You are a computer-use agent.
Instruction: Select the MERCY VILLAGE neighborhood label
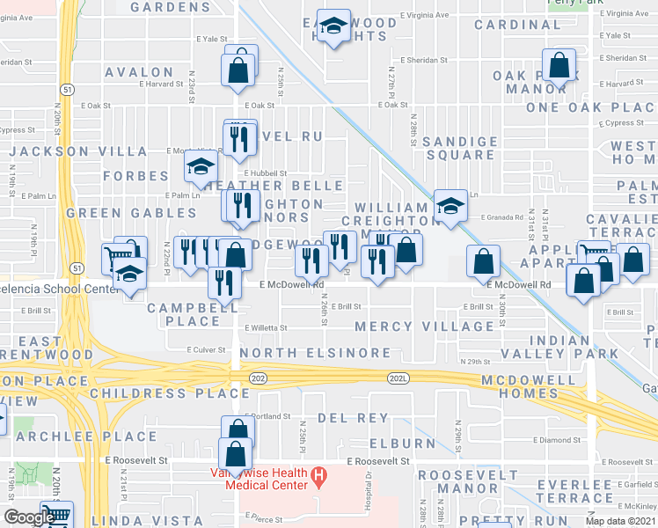tap(424, 326)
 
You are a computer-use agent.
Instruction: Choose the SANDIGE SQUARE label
tap(458, 148)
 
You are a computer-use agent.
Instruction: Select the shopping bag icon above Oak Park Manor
tap(559, 64)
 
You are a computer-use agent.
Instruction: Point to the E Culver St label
tap(208, 349)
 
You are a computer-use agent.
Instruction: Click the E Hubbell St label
tap(260, 173)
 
